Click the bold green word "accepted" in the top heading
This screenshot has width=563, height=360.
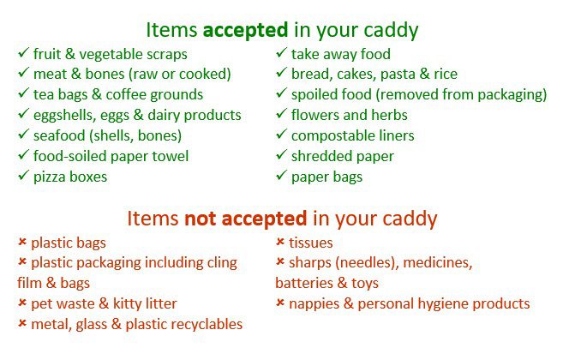click(x=245, y=30)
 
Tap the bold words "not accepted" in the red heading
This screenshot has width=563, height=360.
click(x=246, y=219)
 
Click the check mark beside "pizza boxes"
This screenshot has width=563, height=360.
click(x=23, y=176)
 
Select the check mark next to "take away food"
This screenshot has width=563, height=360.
click(x=281, y=52)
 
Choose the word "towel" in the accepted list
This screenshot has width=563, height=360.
click(x=171, y=156)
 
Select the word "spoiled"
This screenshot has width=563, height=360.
click(x=314, y=95)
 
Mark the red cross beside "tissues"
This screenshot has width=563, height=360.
click(x=280, y=242)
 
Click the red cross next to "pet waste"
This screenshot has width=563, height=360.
click(x=22, y=303)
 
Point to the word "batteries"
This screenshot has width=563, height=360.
click(x=304, y=283)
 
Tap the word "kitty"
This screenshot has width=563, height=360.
click(x=125, y=304)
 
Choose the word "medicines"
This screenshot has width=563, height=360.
click(x=438, y=263)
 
